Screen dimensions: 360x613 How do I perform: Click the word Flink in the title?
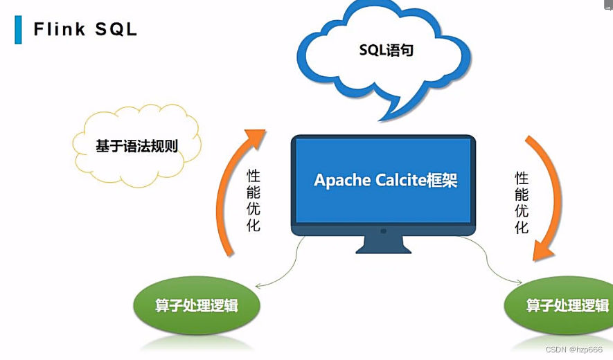(x=61, y=29)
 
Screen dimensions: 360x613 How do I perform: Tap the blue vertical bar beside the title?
(x=19, y=29)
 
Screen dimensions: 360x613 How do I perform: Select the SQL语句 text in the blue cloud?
(x=386, y=50)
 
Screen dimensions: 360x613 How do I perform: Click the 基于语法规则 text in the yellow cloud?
(x=136, y=146)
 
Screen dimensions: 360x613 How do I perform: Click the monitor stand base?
(x=383, y=249)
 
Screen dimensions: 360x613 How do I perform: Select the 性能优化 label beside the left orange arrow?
(x=254, y=200)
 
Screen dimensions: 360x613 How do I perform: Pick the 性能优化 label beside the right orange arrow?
(x=522, y=202)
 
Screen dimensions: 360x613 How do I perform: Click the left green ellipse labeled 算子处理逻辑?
(x=197, y=305)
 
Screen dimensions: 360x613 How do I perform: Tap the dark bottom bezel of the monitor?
(x=383, y=229)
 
